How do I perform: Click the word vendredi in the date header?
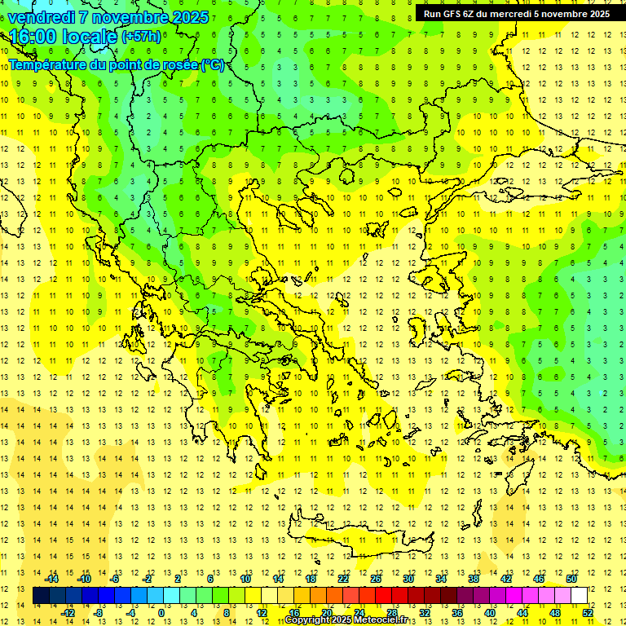41,17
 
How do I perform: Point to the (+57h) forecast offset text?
141,37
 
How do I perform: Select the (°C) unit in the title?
213,65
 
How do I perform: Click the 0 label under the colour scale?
161,612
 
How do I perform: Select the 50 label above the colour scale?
571,579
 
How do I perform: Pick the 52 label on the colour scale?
588,612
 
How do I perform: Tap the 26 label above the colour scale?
376,579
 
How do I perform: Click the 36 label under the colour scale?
457,612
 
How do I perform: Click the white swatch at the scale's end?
580,595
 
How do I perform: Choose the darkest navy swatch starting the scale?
41,595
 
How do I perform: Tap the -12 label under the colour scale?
68,612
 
